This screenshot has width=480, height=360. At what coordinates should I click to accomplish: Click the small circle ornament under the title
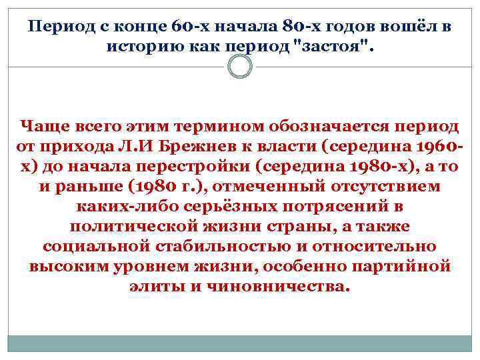pos(239,66)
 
